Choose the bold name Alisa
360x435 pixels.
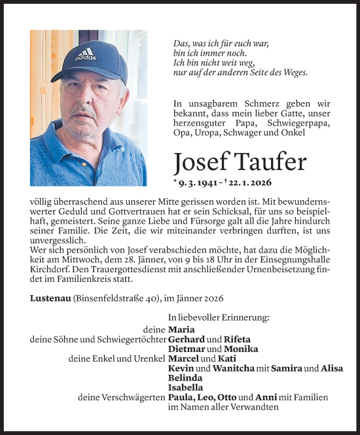tap(333, 368)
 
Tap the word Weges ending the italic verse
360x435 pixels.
tap(292, 73)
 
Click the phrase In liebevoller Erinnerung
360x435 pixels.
tap(219, 317)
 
